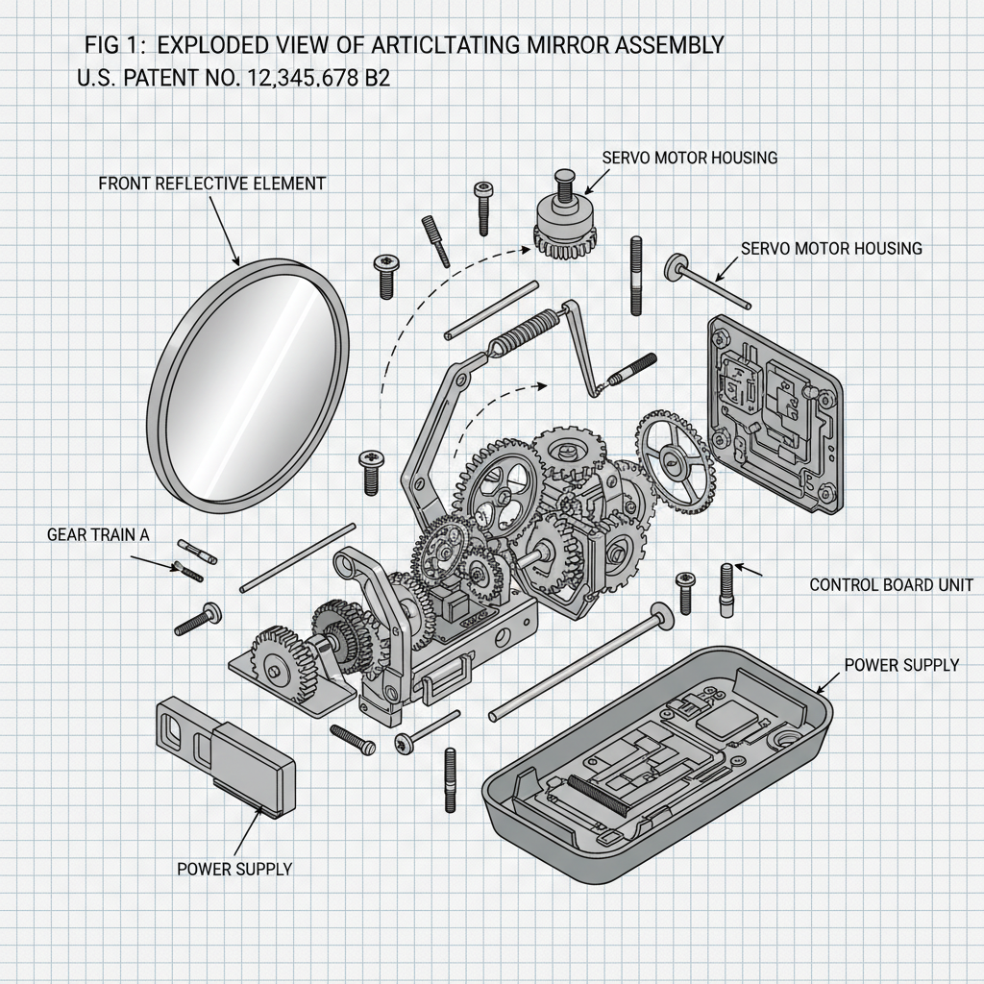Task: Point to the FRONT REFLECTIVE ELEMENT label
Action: pos(211,184)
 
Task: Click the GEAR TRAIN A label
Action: pos(98,535)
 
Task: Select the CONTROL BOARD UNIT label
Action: pos(896,584)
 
